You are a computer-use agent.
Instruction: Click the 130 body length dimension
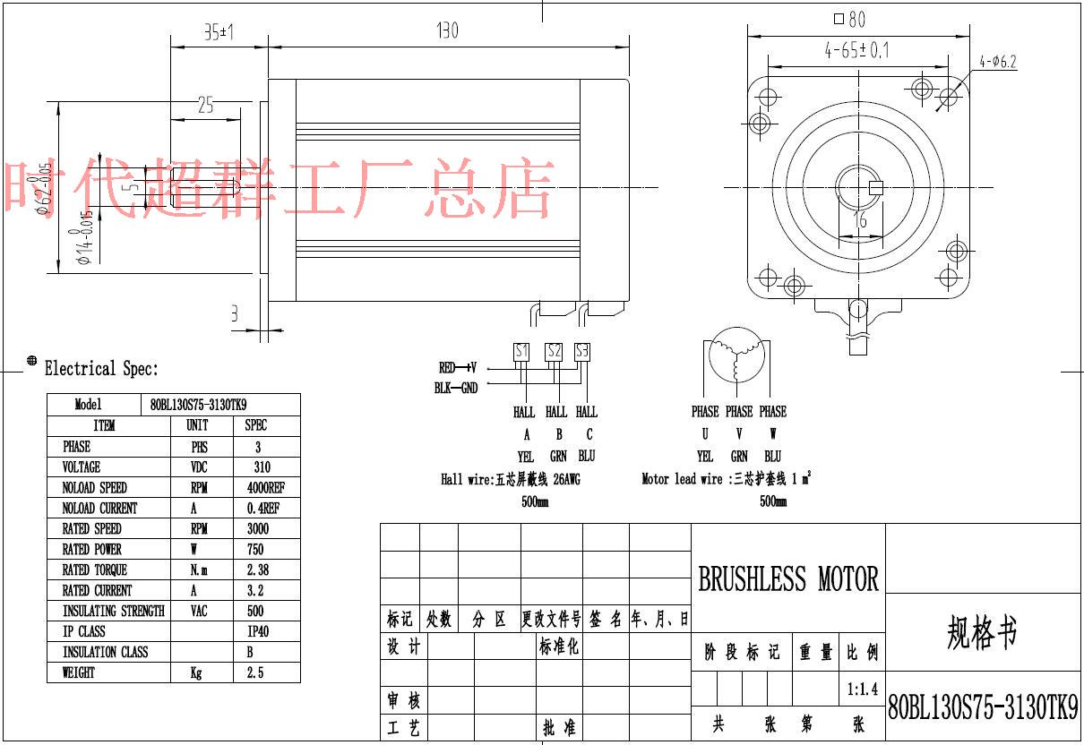pos(447,31)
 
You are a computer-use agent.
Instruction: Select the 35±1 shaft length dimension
pos(218,33)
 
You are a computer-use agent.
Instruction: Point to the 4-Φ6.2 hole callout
pos(998,62)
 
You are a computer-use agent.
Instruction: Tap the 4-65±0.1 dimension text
pos(856,51)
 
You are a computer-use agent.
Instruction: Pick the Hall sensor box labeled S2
pos(555,351)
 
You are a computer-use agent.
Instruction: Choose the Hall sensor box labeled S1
pos(521,351)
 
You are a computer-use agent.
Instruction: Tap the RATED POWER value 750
pos(256,549)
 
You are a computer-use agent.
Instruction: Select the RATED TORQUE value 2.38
pos(256,569)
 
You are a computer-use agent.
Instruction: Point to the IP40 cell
pos(257,631)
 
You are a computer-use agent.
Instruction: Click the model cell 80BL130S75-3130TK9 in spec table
pos(198,405)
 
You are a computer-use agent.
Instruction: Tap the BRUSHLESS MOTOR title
pos(788,579)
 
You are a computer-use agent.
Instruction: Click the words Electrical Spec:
pos(101,368)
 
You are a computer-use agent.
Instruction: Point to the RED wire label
pos(447,367)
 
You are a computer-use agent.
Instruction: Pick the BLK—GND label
pos(457,388)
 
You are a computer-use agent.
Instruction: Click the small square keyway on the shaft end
pos(876,187)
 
